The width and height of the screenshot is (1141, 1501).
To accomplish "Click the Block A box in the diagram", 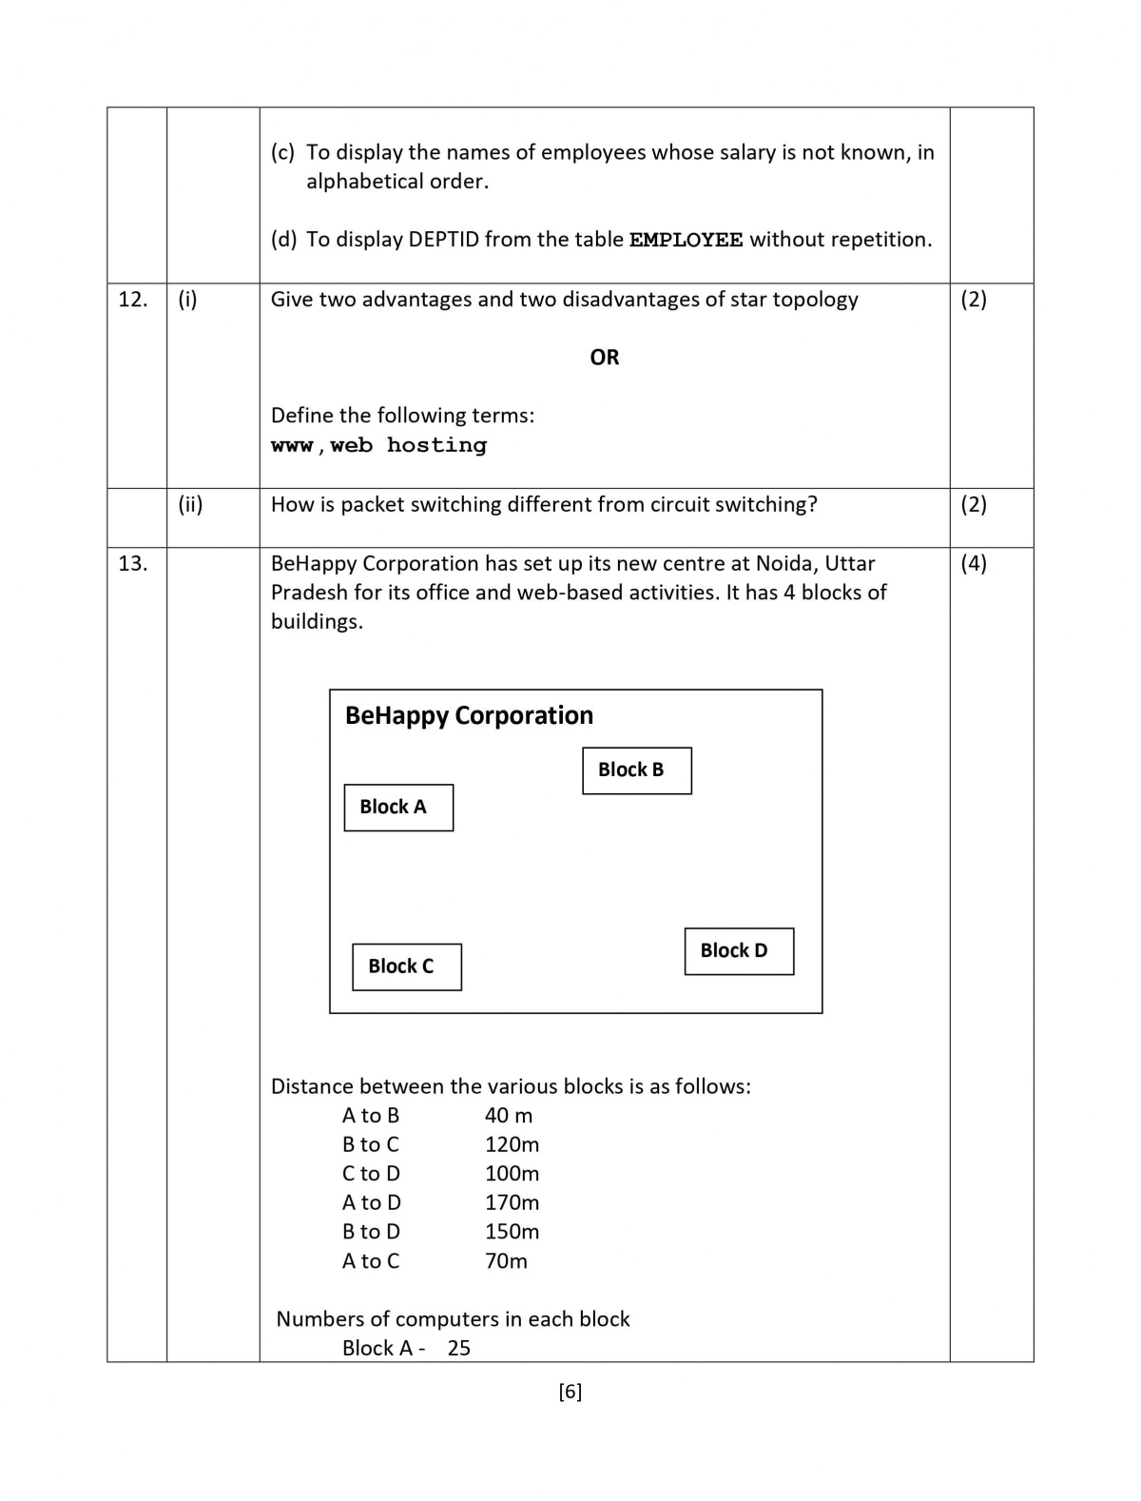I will pos(398,808).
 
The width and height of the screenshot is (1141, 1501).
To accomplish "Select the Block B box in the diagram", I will pos(636,770).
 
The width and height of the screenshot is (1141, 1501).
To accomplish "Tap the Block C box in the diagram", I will pos(406,966).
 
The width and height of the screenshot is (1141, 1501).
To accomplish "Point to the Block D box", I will pos(739,951).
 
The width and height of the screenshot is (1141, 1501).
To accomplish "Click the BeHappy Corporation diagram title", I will pos(469,715).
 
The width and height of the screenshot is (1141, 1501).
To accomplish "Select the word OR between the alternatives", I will pos(604,358).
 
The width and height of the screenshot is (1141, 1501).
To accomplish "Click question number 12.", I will pos(133,300).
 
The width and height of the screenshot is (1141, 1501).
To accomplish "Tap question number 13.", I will pos(133,563).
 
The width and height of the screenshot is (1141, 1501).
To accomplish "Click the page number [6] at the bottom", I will pos(570,1392).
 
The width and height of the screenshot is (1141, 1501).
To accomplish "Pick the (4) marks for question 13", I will pos(974,563).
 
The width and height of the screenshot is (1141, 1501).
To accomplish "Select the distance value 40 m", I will pos(509,1115).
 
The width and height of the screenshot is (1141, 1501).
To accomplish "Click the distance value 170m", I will pos(512,1202).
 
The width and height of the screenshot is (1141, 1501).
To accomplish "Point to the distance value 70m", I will pos(506,1260).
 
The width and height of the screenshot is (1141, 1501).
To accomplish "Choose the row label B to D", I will pos(371,1232).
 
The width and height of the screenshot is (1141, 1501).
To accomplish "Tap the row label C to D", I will pos(371,1174).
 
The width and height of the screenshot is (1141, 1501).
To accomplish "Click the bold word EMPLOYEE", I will pos(686,240).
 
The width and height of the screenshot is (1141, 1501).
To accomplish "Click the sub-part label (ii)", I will pos(190,504).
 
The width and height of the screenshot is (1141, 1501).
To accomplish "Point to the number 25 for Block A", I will pos(459,1348).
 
